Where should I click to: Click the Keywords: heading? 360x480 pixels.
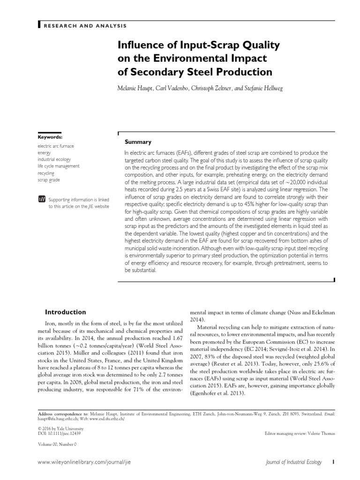tap(50, 137)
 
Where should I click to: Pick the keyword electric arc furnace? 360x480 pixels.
tap(56, 146)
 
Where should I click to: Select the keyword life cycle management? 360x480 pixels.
tap(59, 166)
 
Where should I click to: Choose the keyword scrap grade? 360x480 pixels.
tap(49, 180)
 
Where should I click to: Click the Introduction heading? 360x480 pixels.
tap(65, 312)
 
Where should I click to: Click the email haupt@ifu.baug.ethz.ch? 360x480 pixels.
tap(56, 419)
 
